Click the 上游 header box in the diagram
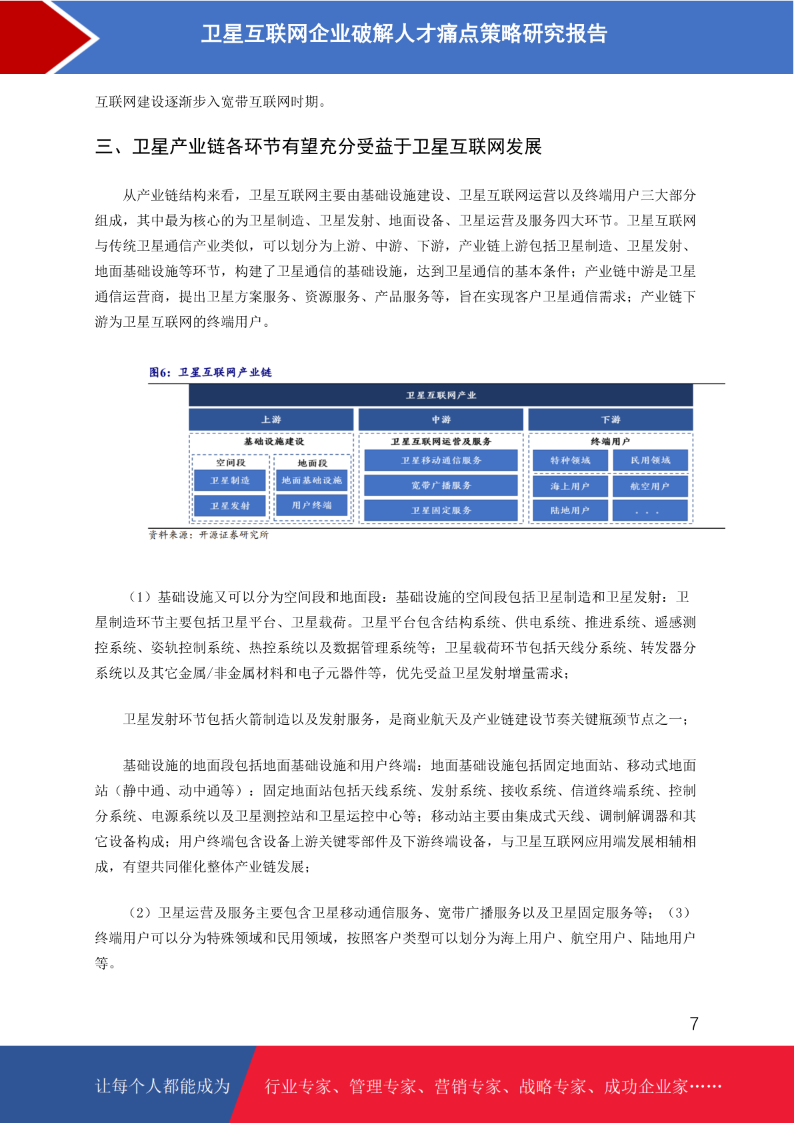[x=271, y=419]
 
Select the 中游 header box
[x=441, y=419]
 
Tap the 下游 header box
[x=610, y=419]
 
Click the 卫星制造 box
[x=230, y=480]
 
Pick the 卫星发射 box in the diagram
[x=230, y=505]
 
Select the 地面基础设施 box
[x=311, y=480]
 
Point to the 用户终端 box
[x=311, y=505]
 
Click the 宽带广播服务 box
[x=441, y=485]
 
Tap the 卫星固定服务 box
[x=441, y=510]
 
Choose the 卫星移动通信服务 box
[x=441, y=460]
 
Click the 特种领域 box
[x=570, y=460]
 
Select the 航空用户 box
[x=649, y=486]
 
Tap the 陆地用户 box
[x=570, y=510]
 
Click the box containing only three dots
[x=649, y=511]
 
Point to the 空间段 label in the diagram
[x=230, y=462]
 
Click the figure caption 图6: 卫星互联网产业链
[x=210, y=372]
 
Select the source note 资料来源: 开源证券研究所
[x=208, y=535]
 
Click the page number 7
[x=694, y=1024]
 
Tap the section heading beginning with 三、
[x=318, y=147]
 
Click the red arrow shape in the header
[x=47, y=37]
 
